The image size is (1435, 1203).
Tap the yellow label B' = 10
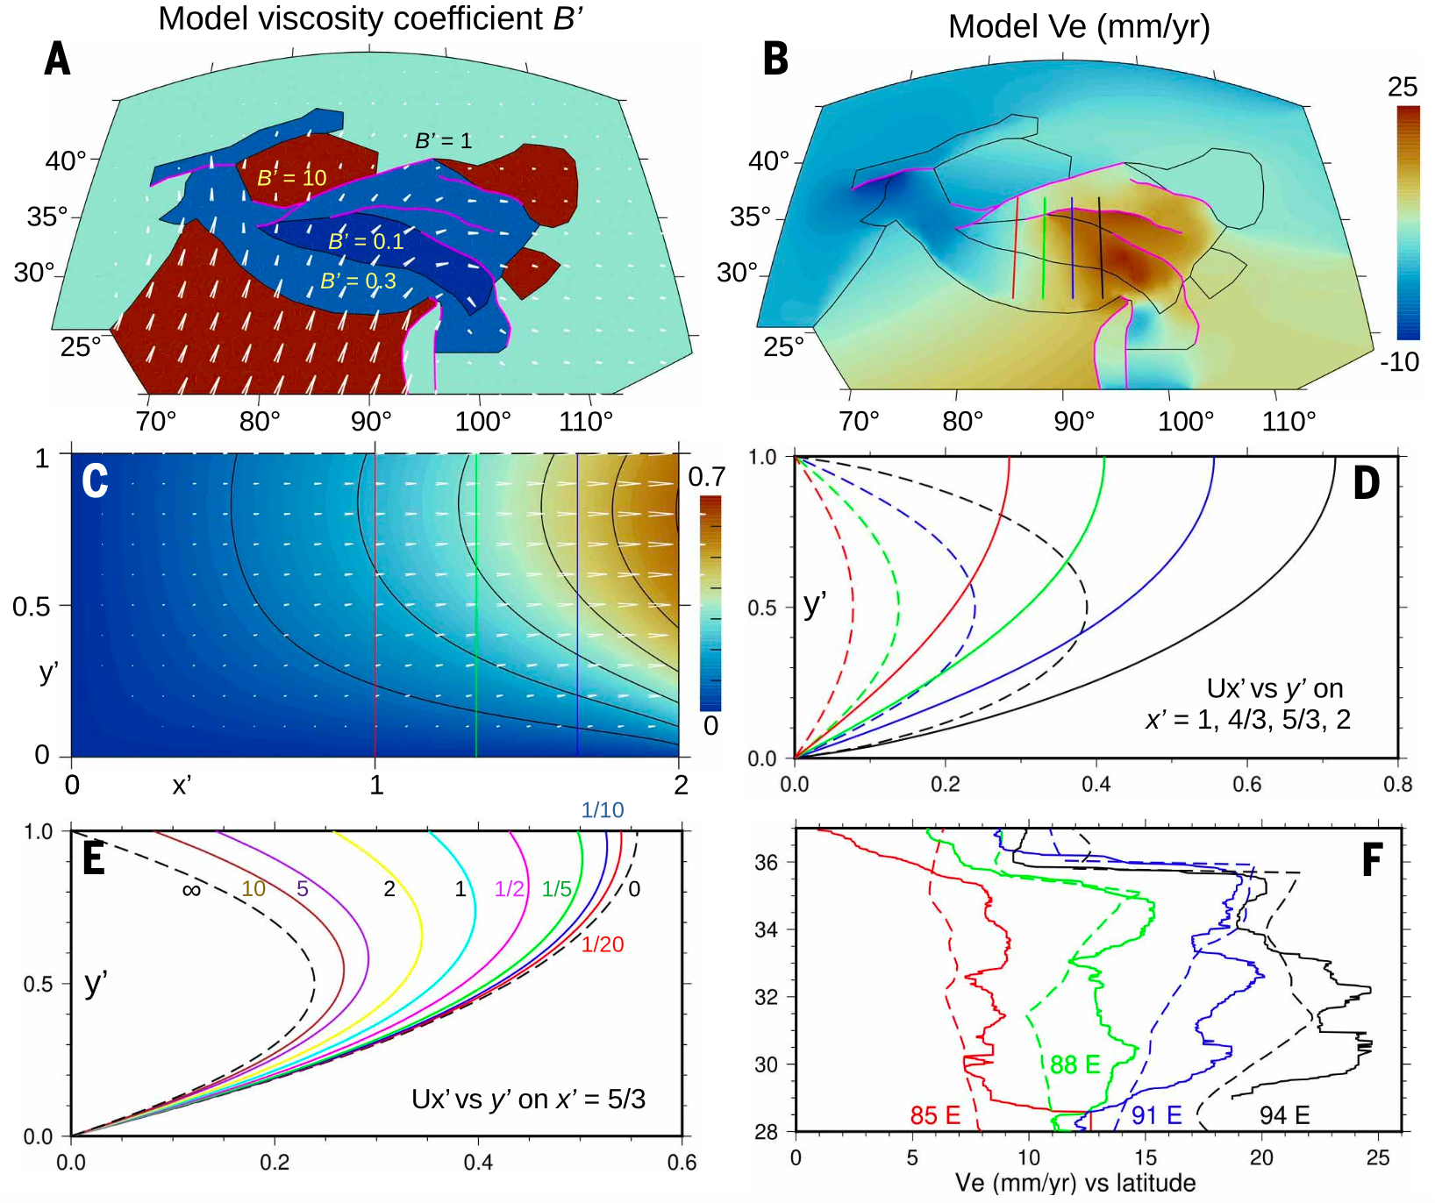[291, 178]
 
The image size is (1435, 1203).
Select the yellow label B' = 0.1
[366, 242]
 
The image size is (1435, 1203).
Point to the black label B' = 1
[443, 140]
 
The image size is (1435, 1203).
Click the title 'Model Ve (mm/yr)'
[1078, 26]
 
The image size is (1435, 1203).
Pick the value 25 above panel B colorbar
[1403, 87]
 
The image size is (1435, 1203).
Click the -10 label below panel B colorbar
[1400, 361]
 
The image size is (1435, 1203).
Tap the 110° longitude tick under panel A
[586, 422]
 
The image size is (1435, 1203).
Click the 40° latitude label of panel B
[769, 160]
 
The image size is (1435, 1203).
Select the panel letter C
[95, 481]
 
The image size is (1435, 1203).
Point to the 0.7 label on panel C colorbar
[706, 477]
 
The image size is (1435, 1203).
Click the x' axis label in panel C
[181, 785]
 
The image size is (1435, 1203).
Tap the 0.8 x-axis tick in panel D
[1397, 784]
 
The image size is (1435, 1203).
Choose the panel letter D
[1367, 483]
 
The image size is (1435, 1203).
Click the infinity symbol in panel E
[191, 890]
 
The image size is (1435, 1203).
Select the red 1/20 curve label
[603, 944]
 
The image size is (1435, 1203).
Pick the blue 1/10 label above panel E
[603, 810]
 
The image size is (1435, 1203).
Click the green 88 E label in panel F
[1074, 1064]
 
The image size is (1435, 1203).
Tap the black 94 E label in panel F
[1284, 1115]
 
